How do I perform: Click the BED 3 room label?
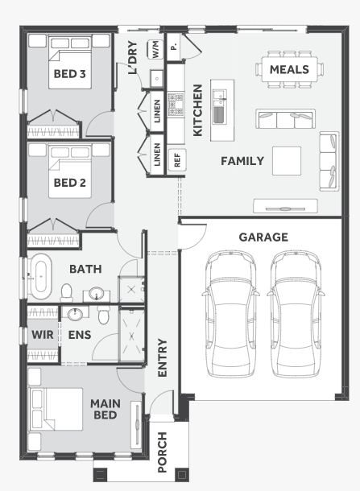pyautogui.click(x=69, y=74)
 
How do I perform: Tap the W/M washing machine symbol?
pyautogui.click(x=155, y=49)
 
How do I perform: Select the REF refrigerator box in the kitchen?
pyautogui.click(x=177, y=159)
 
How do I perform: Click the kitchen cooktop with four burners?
pyautogui.click(x=176, y=105)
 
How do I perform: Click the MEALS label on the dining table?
pyautogui.click(x=289, y=69)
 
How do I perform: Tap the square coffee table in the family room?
pyautogui.click(x=287, y=161)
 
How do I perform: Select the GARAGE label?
pyautogui.click(x=263, y=237)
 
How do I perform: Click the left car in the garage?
pyautogui.click(x=230, y=313)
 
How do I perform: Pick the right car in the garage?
pyautogui.click(x=296, y=313)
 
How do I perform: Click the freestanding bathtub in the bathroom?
pyautogui.click(x=40, y=276)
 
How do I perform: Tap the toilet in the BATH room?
pyautogui.click(x=66, y=293)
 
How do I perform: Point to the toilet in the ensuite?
pyautogui.click(x=103, y=315)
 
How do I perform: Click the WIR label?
pyautogui.click(x=43, y=335)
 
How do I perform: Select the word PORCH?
pyautogui.click(x=162, y=452)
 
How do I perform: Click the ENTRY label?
pyautogui.click(x=163, y=357)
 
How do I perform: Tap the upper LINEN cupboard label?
pyautogui.click(x=157, y=111)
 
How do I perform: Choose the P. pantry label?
pyautogui.click(x=173, y=47)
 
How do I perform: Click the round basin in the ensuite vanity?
pyautogui.click(x=75, y=314)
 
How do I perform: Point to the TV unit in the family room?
pyautogui.click(x=285, y=206)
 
